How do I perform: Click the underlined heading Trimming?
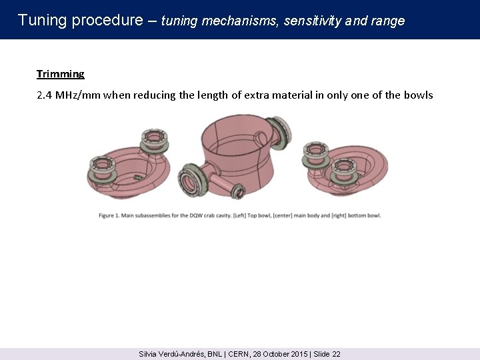coord(60,74)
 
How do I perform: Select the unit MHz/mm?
coord(78,95)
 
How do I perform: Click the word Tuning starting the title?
coord(42,20)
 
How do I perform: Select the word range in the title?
coord(388,21)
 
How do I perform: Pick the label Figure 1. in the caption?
coord(109,215)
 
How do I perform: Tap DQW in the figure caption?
coord(195,215)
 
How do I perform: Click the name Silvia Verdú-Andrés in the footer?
coord(172,354)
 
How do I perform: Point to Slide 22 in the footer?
coord(327,354)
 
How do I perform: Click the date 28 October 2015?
coord(280,354)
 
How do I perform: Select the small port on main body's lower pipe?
coord(238,191)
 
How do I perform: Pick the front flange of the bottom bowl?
coord(344,171)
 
